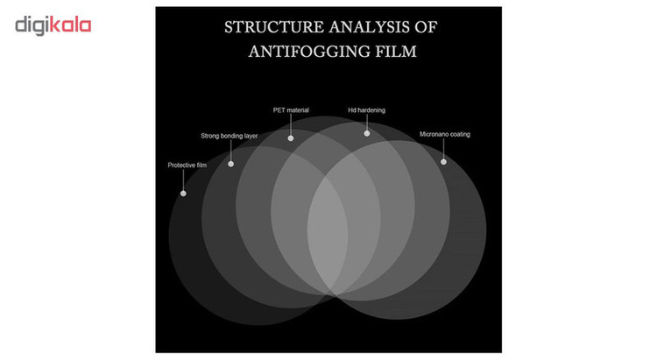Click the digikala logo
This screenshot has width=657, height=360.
(x=53, y=26)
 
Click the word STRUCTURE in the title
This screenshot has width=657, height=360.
(x=274, y=27)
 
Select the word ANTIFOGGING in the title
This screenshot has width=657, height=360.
(x=308, y=52)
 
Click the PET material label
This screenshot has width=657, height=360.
(x=291, y=110)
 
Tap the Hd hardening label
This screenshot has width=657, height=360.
(x=367, y=110)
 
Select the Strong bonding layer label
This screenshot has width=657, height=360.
(x=230, y=136)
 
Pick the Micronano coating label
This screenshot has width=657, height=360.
(x=444, y=135)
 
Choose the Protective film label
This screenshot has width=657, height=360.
(x=187, y=166)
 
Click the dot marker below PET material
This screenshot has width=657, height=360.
(x=291, y=138)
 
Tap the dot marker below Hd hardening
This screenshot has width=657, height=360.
(x=367, y=133)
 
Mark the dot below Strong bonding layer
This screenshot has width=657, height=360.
(x=231, y=164)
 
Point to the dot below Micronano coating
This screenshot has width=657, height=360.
(x=443, y=162)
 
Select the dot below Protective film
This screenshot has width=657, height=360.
(x=183, y=194)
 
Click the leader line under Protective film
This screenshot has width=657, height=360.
(x=183, y=180)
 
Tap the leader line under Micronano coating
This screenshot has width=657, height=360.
(x=443, y=149)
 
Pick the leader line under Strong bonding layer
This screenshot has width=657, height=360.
(x=231, y=151)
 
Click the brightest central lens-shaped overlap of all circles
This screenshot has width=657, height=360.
(x=328, y=235)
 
